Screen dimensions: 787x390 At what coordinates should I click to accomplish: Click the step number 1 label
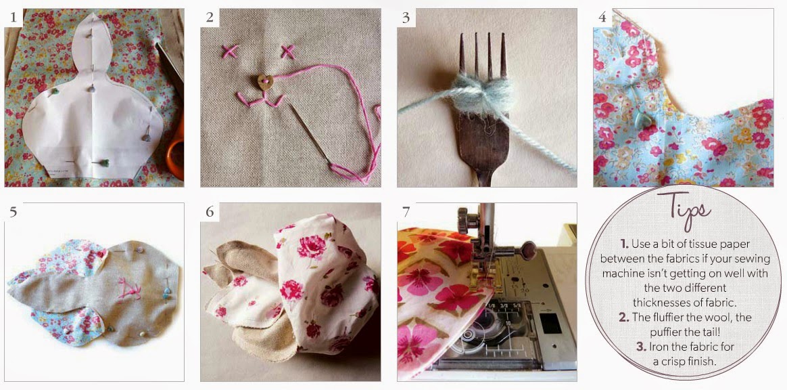pyautogui.click(x=13, y=18)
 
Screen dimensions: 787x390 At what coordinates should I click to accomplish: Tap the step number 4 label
pyautogui.click(x=602, y=18)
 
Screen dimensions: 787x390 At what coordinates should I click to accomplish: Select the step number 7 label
pyautogui.click(x=406, y=211)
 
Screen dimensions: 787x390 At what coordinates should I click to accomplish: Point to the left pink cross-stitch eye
pyautogui.click(x=229, y=51)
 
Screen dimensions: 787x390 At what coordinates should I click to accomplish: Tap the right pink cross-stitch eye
pyautogui.click(x=287, y=51)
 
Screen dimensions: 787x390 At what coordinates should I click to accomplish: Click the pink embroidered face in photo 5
pyautogui.click(x=128, y=290)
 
